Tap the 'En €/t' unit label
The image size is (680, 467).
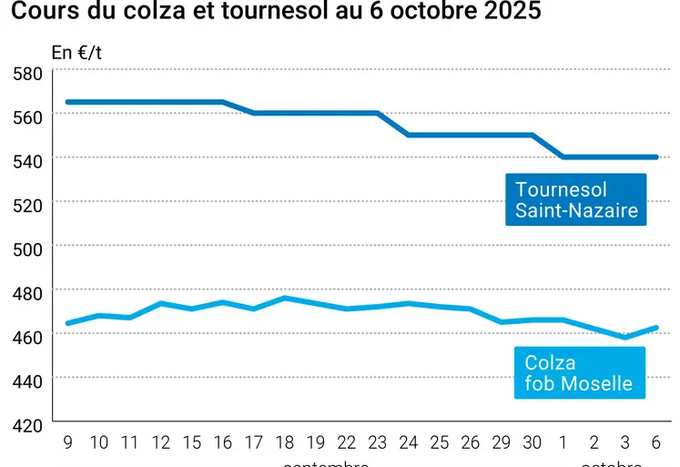[x=76, y=52]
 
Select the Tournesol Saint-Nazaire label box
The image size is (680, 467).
[x=576, y=200]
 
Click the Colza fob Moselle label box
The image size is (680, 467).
[x=579, y=372]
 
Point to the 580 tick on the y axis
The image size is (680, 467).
[x=27, y=73]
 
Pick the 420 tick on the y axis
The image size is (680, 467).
[x=27, y=425]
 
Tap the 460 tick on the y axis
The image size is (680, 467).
[x=27, y=337]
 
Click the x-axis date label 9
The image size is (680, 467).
[x=68, y=442]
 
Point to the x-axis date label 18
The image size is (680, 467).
[x=285, y=442]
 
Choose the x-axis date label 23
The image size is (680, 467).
[x=377, y=442]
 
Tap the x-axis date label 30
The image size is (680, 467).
[x=533, y=442]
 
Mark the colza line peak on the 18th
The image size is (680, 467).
[x=285, y=298]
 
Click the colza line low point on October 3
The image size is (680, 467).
[x=625, y=337]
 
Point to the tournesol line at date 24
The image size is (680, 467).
[x=409, y=135]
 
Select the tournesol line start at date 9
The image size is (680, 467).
[x=68, y=102]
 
